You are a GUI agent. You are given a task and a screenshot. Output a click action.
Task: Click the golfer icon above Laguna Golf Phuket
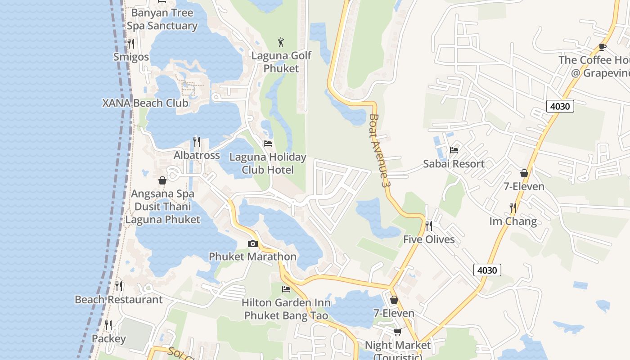[x=281, y=43]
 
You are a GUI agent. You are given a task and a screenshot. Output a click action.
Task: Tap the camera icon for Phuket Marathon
[x=253, y=243]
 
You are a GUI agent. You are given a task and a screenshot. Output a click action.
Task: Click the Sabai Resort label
[x=454, y=164]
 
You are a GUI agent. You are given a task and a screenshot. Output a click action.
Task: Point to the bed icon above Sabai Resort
[x=454, y=150]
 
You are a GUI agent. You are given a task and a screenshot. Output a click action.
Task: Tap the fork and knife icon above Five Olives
[x=429, y=225]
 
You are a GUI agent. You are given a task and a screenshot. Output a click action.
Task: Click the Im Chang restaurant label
[x=513, y=221]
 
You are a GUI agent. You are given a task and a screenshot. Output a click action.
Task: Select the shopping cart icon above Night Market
[x=397, y=332]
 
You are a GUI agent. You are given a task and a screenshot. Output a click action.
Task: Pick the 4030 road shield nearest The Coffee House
[x=560, y=107]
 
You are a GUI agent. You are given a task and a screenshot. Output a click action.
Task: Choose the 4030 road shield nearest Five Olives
[x=487, y=270]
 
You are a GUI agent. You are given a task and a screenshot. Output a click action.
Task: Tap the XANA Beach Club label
[x=145, y=103]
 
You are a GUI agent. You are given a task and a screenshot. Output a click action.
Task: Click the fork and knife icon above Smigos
[x=131, y=43]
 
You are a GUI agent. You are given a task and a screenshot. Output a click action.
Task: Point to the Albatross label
[x=197, y=155]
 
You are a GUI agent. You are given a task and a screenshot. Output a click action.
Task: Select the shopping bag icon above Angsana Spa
[x=162, y=180]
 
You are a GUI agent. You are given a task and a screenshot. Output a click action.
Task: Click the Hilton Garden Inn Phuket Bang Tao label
[x=286, y=309]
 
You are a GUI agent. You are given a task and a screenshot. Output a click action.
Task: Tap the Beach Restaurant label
[x=118, y=300]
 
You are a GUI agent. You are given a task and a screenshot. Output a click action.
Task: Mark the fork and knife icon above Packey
[x=108, y=325]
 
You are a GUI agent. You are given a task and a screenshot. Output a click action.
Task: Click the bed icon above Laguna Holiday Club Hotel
[x=268, y=144]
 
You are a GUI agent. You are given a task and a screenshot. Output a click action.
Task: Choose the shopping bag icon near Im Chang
[x=524, y=173]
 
